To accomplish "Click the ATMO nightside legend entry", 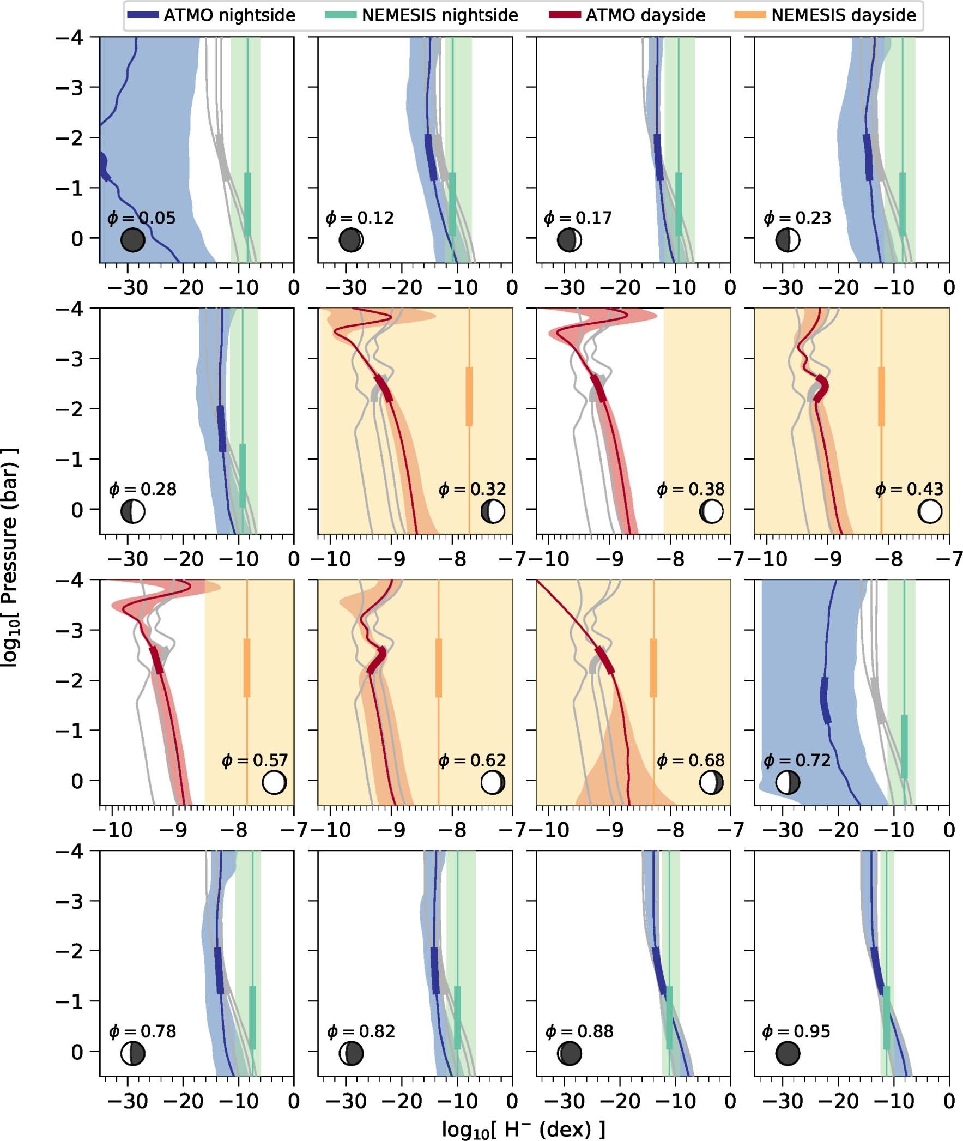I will tap(211, 15).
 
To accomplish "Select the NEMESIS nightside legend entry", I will tap(421, 15).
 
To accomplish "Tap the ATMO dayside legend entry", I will tap(628, 15).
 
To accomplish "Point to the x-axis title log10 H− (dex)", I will tap(524, 1129).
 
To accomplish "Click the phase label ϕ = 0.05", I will tap(141, 218).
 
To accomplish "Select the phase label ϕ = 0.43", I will tap(909, 488).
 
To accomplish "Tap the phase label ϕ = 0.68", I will tap(691, 760).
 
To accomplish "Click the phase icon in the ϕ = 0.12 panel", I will tap(351, 240).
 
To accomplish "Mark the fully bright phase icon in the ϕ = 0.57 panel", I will tap(274, 782).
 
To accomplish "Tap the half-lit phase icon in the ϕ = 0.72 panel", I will tap(788, 782).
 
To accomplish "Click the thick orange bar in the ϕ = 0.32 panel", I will tap(469, 396).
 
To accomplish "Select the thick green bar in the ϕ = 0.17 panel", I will tap(679, 204).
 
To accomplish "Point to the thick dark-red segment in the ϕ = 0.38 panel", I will tap(599, 388).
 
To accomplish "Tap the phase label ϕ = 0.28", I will tap(142, 488).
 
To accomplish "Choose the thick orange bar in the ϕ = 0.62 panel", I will tap(438, 667).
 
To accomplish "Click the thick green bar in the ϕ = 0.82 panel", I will tap(457, 1017).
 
